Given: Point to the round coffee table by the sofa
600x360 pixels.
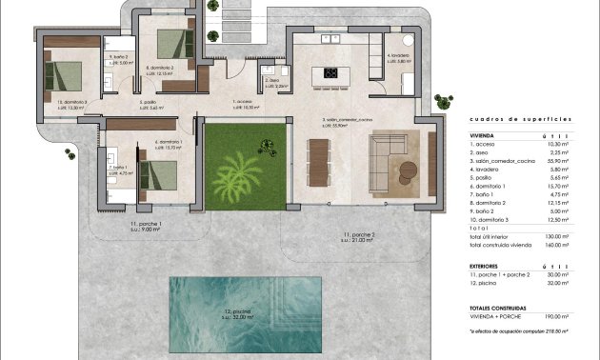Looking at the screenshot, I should click(x=408, y=170).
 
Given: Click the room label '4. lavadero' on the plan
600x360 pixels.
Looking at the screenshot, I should click(x=398, y=55).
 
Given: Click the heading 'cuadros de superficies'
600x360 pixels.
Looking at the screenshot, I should click(x=520, y=121).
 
